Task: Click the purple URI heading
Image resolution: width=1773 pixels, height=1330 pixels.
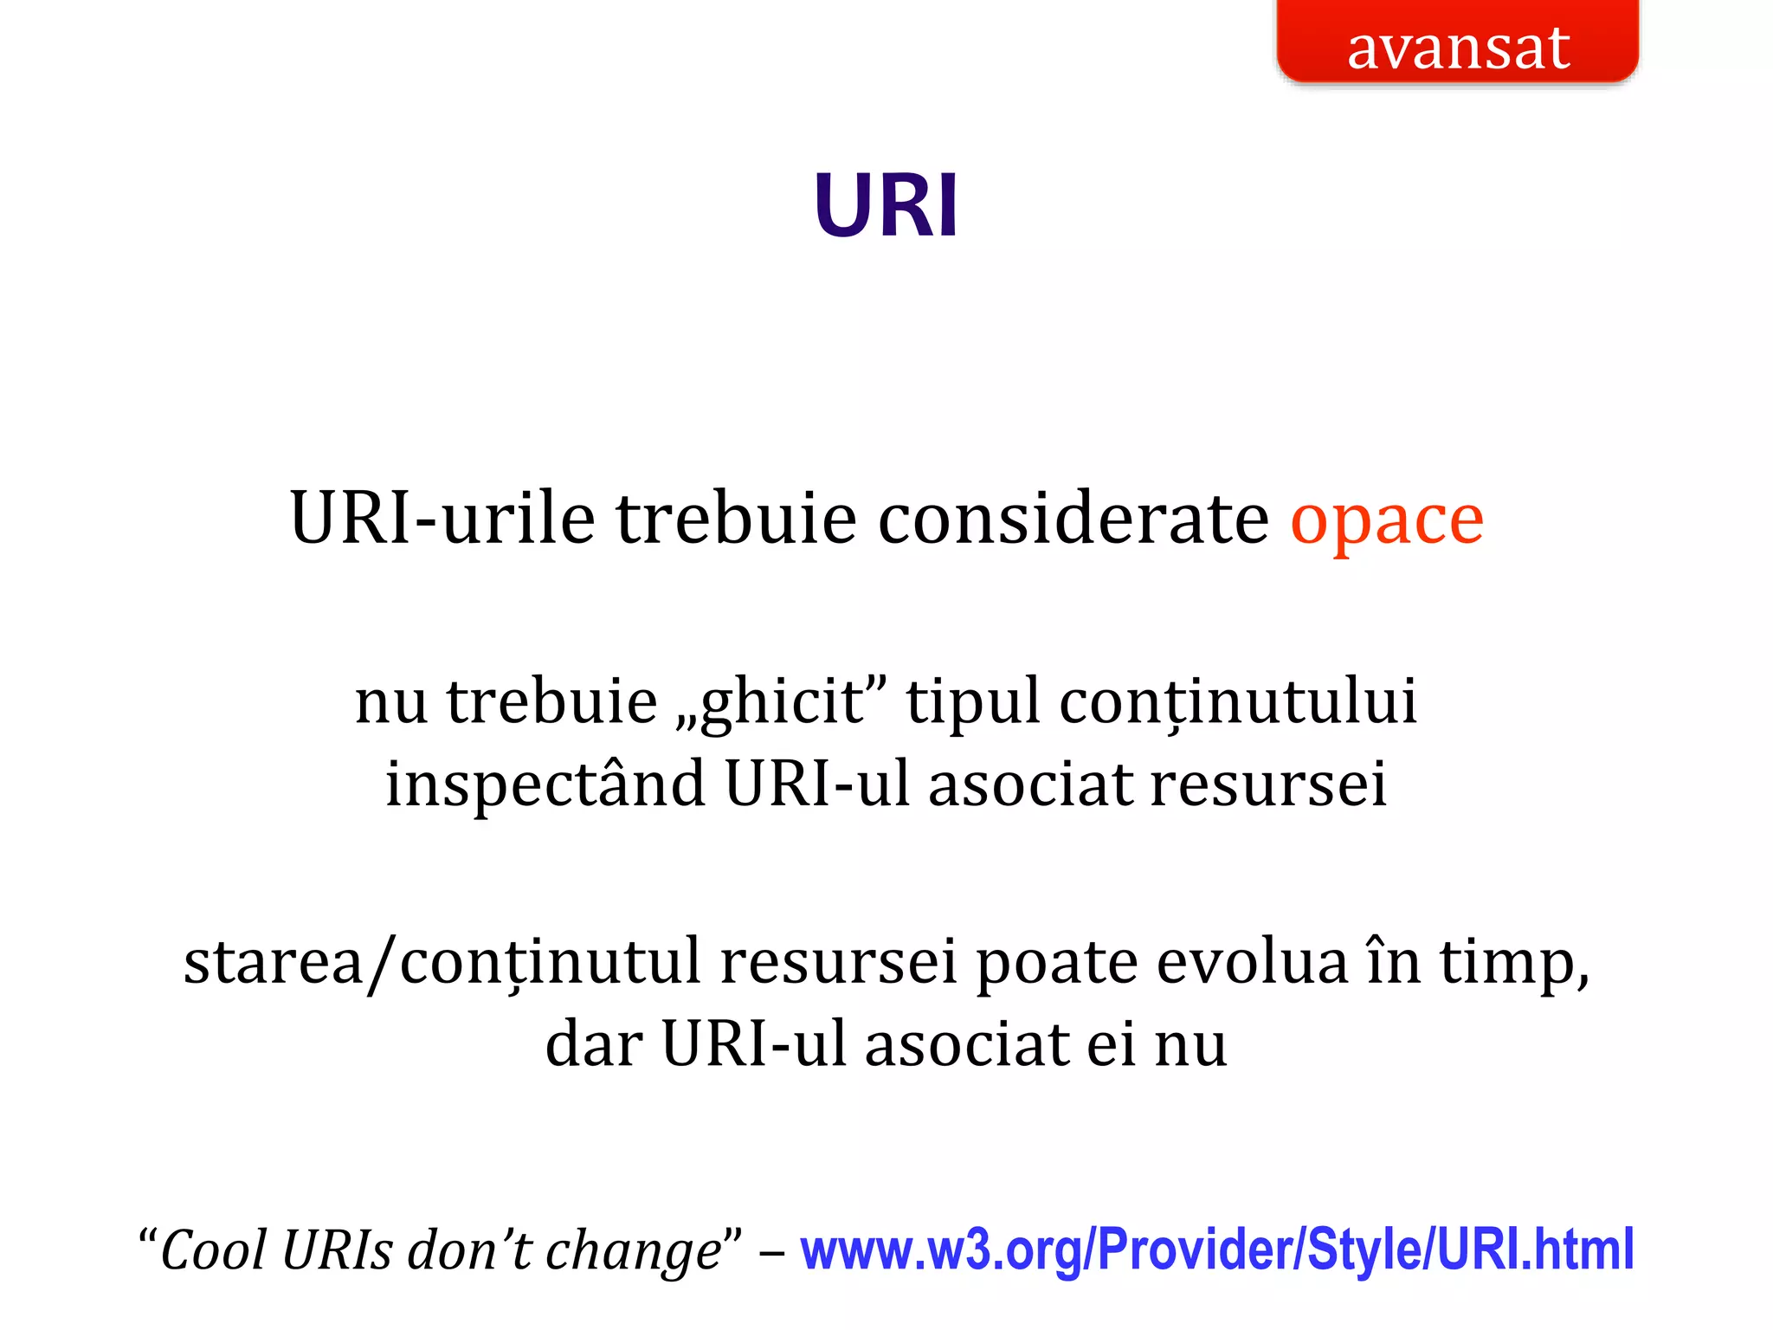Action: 886,206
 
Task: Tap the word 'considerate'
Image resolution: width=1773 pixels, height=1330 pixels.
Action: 1073,520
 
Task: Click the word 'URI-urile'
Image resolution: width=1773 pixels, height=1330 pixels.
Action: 442,520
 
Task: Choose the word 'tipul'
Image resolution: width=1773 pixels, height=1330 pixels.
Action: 972,701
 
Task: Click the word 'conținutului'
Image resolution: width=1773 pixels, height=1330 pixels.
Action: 1238,701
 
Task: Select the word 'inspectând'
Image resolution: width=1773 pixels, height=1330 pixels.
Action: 545,784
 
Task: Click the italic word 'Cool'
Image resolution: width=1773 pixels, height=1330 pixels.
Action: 213,1251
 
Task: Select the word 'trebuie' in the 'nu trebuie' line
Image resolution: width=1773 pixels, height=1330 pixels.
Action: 551,701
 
